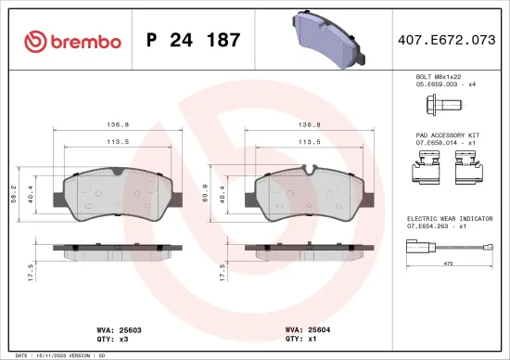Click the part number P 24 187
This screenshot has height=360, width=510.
coord(194,41)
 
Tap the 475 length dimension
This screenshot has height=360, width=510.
coord(448,264)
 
